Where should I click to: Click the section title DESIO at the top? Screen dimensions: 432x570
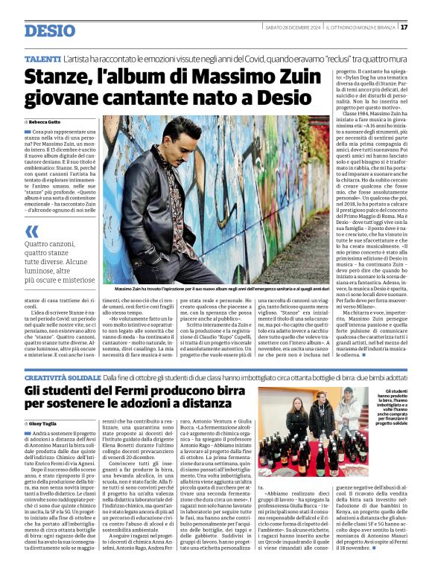[x=49, y=31]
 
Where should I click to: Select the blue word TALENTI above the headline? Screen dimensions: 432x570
[x=42, y=58]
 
